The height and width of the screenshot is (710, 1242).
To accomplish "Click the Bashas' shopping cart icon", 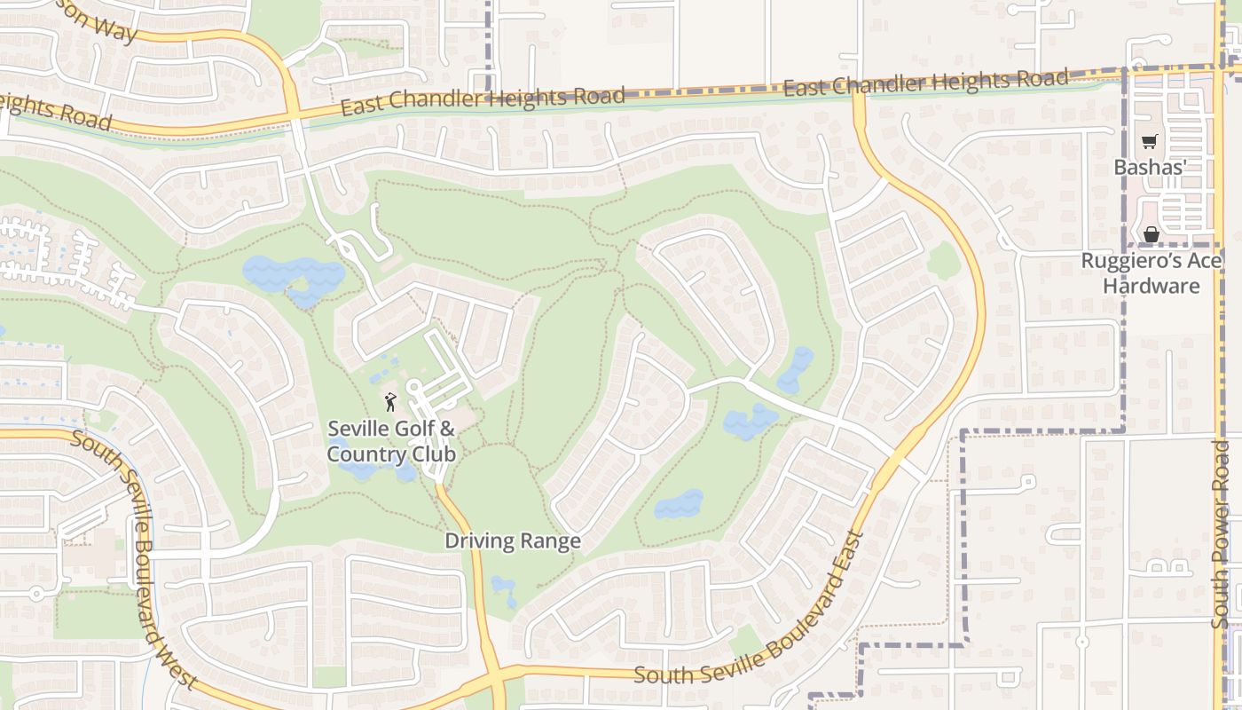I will pos(1150,141).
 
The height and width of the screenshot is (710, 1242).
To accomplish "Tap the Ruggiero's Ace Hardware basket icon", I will pos(1151,234).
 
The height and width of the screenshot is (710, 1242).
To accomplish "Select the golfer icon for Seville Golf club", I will pos(390,402).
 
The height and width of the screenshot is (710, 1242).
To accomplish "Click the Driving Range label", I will pos(513,540).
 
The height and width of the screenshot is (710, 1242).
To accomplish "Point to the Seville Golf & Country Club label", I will pos(391,441).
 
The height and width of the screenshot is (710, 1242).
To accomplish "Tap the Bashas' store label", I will pos(1151,167).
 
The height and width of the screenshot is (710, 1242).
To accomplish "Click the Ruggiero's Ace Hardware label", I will pos(1151,273).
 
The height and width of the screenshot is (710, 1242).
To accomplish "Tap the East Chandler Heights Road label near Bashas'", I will pos(926,83).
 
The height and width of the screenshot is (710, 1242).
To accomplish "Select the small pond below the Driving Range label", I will pos(504,589).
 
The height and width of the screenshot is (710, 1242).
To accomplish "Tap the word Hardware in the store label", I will pos(1151,286).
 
